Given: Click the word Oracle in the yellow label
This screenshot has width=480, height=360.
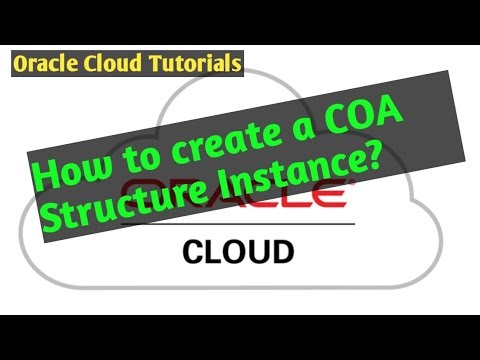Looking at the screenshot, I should (46, 65).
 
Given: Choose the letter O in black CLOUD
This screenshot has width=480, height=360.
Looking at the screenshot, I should (236, 248).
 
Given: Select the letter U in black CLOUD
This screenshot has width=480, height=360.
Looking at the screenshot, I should (261, 248).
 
